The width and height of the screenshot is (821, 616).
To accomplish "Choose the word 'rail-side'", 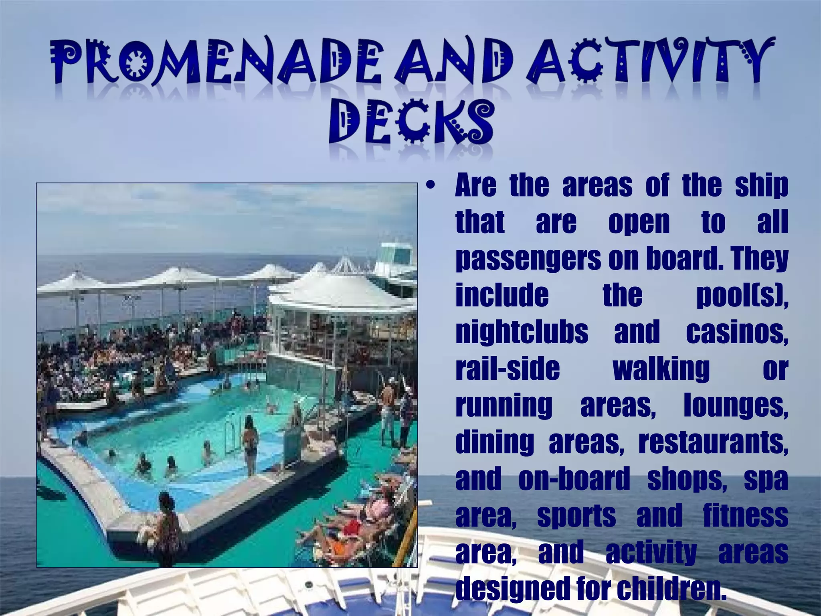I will (x=508, y=369).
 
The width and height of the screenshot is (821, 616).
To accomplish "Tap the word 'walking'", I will (x=661, y=369).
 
